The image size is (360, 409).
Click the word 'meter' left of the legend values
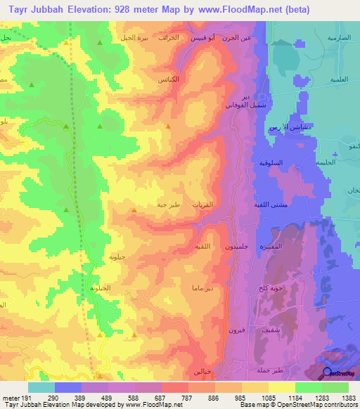click(x=11, y=397)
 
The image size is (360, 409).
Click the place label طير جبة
click(x=170, y=205)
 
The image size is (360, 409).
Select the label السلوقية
click(x=271, y=163)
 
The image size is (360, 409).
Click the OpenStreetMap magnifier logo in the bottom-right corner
click(x=328, y=373)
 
